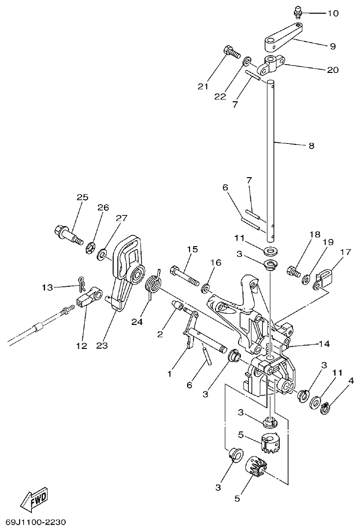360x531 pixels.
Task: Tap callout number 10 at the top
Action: click(x=333, y=13)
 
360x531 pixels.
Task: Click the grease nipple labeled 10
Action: click(x=298, y=11)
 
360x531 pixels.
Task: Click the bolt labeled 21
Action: click(x=230, y=50)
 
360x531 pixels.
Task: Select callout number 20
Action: click(x=333, y=70)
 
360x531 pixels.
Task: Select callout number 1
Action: click(x=169, y=374)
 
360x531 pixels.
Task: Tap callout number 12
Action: click(x=81, y=346)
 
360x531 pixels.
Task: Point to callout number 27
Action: click(x=121, y=218)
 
